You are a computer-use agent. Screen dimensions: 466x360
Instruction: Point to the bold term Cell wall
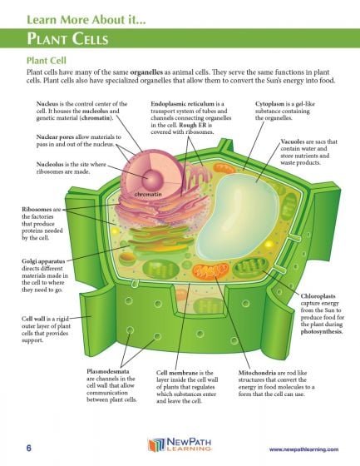point(35,318)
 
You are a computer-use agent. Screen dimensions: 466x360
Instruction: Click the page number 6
point(28,449)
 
